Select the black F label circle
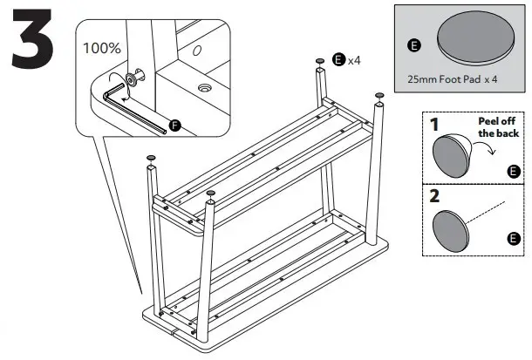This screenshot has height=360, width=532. point(174,126)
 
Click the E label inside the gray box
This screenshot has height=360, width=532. point(413,44)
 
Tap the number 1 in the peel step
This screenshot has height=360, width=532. point(434,125)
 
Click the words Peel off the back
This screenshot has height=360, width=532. point(498,127)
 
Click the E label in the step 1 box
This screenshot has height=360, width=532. point(512,170)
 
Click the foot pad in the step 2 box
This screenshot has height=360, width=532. point(454,227)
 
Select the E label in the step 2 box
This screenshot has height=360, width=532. point(512,238)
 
